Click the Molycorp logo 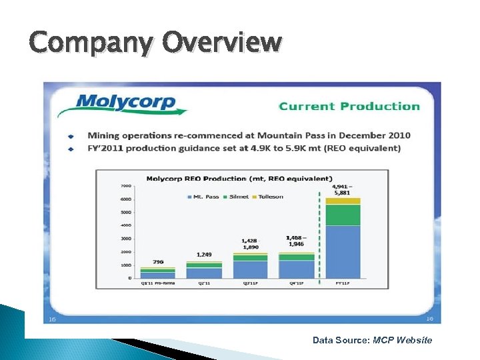tap(127, 104)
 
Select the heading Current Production tap(349, 106)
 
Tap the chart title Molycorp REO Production tap(239, 178)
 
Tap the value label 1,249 tap(204, 255)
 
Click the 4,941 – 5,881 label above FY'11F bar tap(342, 189)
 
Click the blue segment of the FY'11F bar tap(343, 251)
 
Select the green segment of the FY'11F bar tap(343, 215)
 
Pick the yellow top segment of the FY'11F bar tap(343, 201)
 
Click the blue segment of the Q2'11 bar tap(204, 273)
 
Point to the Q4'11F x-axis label tap(296, 283)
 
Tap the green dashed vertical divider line tap(321, 233)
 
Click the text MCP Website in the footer tap(402, 340)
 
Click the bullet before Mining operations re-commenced tap(71, 136)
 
